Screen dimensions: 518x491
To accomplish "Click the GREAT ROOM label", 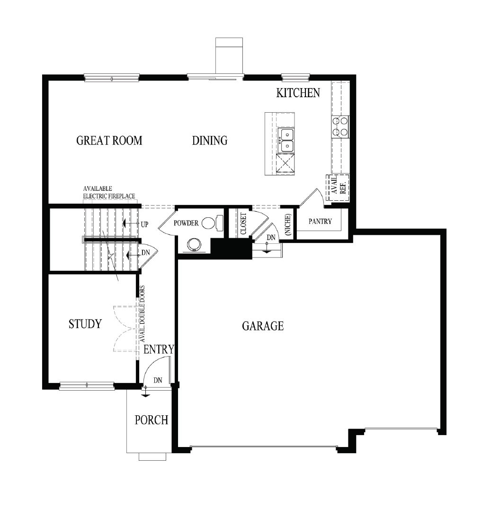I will point(109,141).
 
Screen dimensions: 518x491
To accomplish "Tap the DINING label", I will point(210,141).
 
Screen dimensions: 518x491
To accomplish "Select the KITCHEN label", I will point(298,93).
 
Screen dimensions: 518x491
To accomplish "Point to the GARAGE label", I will point(263,326).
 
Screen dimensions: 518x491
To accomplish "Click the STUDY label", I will point(85,324).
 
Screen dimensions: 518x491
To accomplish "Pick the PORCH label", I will point(152,420).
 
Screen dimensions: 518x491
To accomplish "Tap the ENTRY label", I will point(159,349).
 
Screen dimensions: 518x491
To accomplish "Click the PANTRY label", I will point(321,221).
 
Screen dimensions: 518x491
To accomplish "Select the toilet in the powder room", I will point(211,223).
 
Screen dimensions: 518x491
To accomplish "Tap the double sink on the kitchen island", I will point(286,141).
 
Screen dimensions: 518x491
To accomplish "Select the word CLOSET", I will point(243,223).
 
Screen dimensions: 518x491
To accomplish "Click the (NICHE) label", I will point(288,223).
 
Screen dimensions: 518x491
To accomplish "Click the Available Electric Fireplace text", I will point(109,192).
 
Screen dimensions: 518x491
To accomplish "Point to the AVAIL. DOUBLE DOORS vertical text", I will point(142,314).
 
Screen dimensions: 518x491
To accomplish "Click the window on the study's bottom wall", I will point(87,386).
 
